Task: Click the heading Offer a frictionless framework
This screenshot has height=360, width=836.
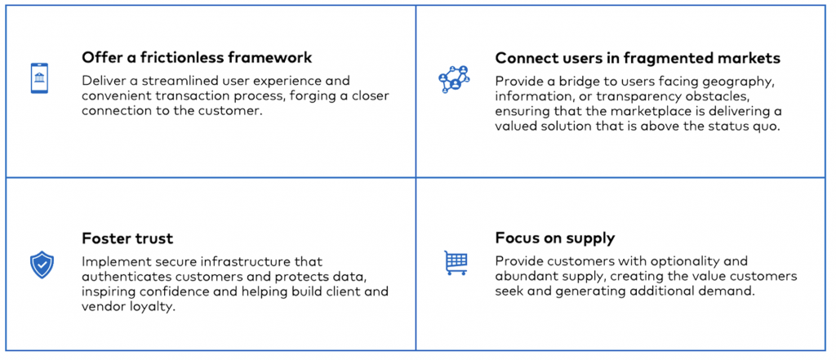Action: coord(197,57)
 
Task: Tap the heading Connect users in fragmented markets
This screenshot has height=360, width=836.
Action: coord(638,58)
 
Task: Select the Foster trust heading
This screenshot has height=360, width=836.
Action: coord(127,238)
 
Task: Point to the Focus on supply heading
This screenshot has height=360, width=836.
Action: coord(555,238)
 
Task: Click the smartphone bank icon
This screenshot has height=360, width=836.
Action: coord(39,78)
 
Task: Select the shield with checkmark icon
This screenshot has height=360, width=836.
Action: coord(42,265)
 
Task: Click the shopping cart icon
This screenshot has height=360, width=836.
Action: coord(456,262)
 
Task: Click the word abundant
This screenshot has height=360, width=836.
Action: coord(521,276)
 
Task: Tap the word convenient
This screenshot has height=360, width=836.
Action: coord(111,96)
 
